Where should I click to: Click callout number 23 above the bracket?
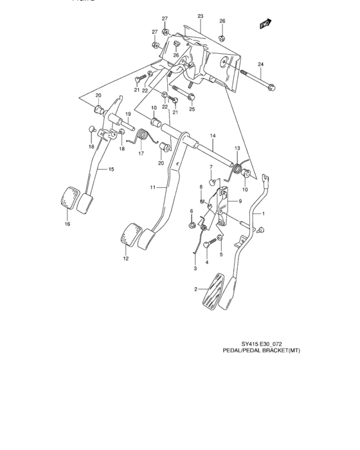200,15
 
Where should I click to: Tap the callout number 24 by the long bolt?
261,64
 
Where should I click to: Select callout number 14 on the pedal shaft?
212,136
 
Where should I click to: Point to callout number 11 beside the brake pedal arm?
154,187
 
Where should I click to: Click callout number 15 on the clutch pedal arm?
111,170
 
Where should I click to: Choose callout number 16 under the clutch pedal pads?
66,224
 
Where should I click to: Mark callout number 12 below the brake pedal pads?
126,258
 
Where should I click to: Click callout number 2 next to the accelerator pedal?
196,289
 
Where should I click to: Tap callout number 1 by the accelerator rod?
262,213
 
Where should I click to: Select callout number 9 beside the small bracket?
239,201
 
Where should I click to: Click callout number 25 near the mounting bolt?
192,109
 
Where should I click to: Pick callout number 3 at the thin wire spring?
195,268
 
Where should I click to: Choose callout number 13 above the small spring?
237,149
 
